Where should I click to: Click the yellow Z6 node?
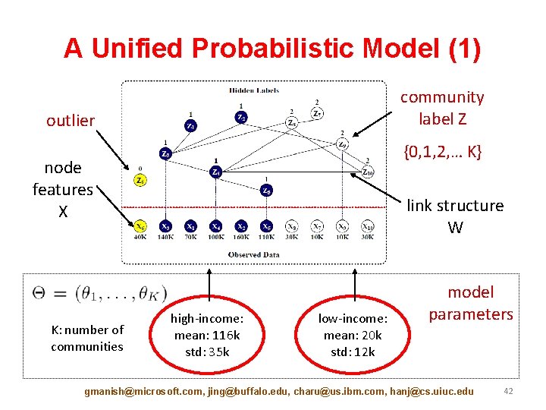click(x=140, y=180)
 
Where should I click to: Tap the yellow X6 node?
click(x=140, y=225)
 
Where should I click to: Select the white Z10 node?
click(x=368, y=171)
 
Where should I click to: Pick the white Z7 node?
click(x=317, y=113)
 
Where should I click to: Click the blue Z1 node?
click(x=190, y=126)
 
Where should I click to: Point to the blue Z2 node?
click(x=240, y=117)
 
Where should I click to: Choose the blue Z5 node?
click(x=266, y=191)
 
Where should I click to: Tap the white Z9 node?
click(x=342, y=143)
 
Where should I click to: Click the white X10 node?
click(x=368, y=225)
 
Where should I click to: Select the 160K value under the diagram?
click(x=241, y=237)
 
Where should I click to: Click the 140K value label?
click(x=165, y=237)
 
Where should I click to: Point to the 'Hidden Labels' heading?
click(x=254, y=90)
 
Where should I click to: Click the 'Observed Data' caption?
click(x=254, y=255)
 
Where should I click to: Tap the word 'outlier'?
click(x=71, y=121)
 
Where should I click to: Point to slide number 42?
click(x=507, y=391)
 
